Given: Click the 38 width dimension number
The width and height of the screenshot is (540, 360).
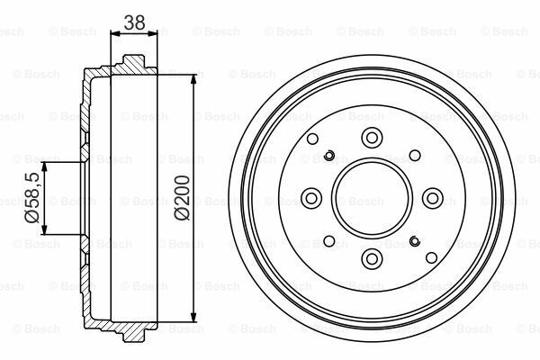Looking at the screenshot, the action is (x=134, y=22).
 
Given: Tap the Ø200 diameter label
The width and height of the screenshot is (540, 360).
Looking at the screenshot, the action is (x=182, y=198).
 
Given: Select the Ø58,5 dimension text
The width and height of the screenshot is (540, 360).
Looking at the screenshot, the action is (x=32, y=198).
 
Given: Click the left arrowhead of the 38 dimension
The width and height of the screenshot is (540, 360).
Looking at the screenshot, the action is (x=115, y=33).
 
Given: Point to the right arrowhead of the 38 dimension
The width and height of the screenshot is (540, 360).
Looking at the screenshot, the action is (x=153, y=33).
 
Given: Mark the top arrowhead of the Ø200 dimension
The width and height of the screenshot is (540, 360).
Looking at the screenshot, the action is (x=193, y=79).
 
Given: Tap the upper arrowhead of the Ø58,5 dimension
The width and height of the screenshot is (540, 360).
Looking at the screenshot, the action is (x=44, y=167).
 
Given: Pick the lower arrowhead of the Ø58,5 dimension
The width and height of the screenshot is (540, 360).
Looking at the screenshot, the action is (x=44, y=229).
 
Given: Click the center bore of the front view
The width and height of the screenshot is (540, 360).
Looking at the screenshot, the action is (x=372, y=198).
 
